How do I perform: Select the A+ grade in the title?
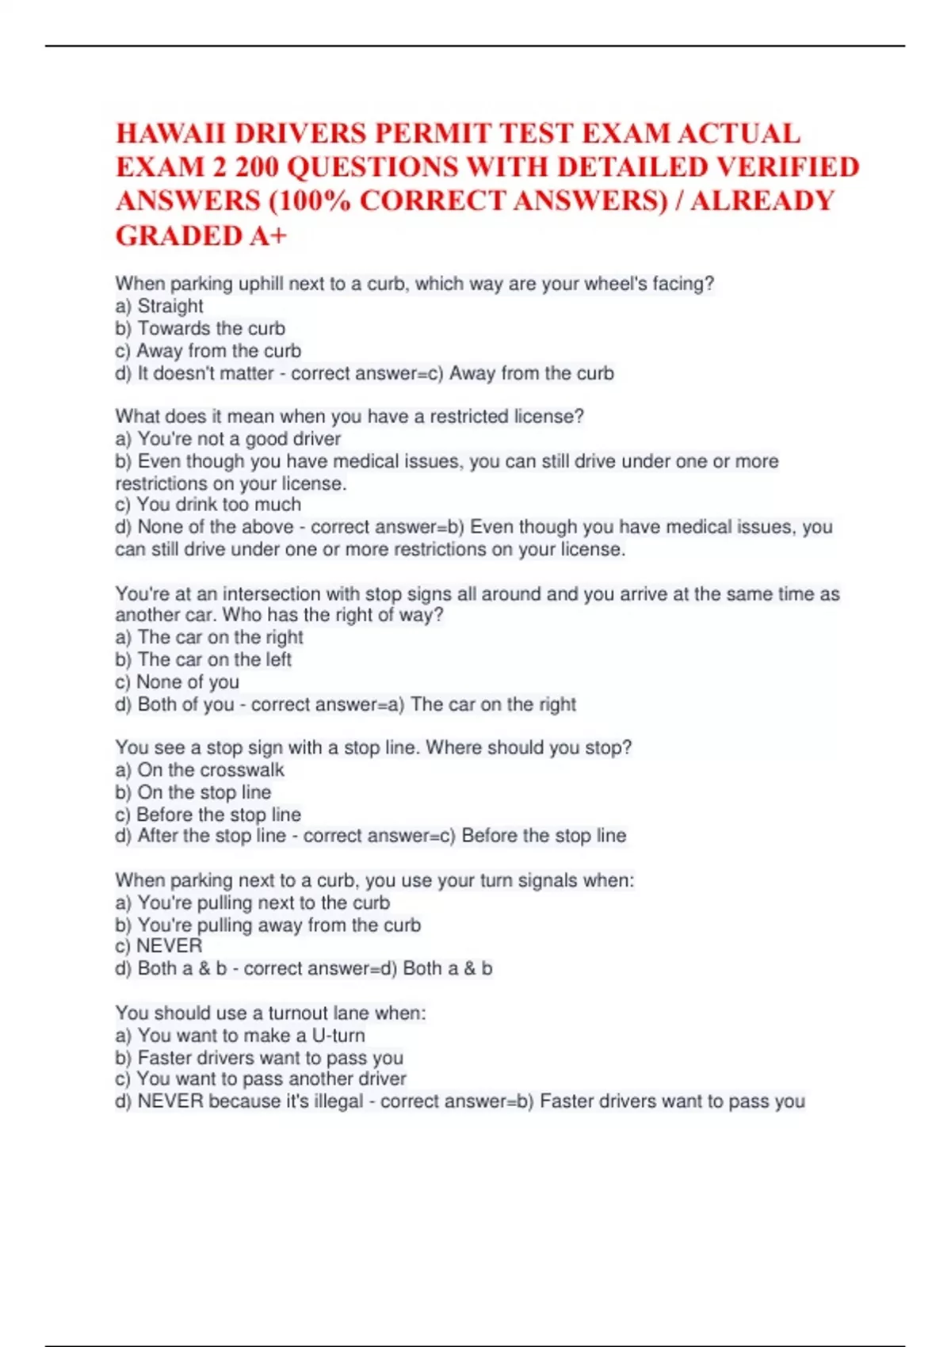267,235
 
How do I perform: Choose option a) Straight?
159,306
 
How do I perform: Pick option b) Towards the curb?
201,328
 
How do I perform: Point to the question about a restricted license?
349,416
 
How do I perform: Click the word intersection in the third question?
268,593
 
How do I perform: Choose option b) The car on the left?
204,659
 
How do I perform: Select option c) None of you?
178,681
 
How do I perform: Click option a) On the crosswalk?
200,769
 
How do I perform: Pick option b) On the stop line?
193,792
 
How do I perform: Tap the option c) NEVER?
159,945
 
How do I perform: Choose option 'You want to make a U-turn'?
240,1035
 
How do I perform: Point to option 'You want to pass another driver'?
261,1078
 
